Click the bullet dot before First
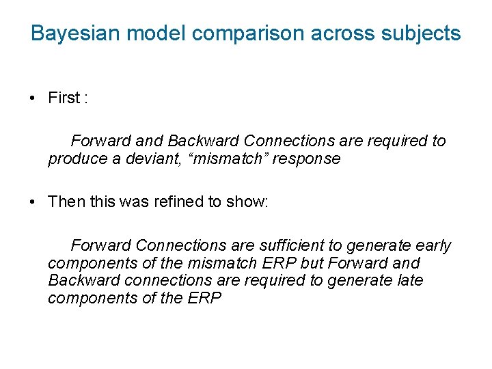point(33,98)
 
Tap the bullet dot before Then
point(33,202)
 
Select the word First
point(64,98)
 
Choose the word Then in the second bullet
point(66,202)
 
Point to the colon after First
point(85,98)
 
